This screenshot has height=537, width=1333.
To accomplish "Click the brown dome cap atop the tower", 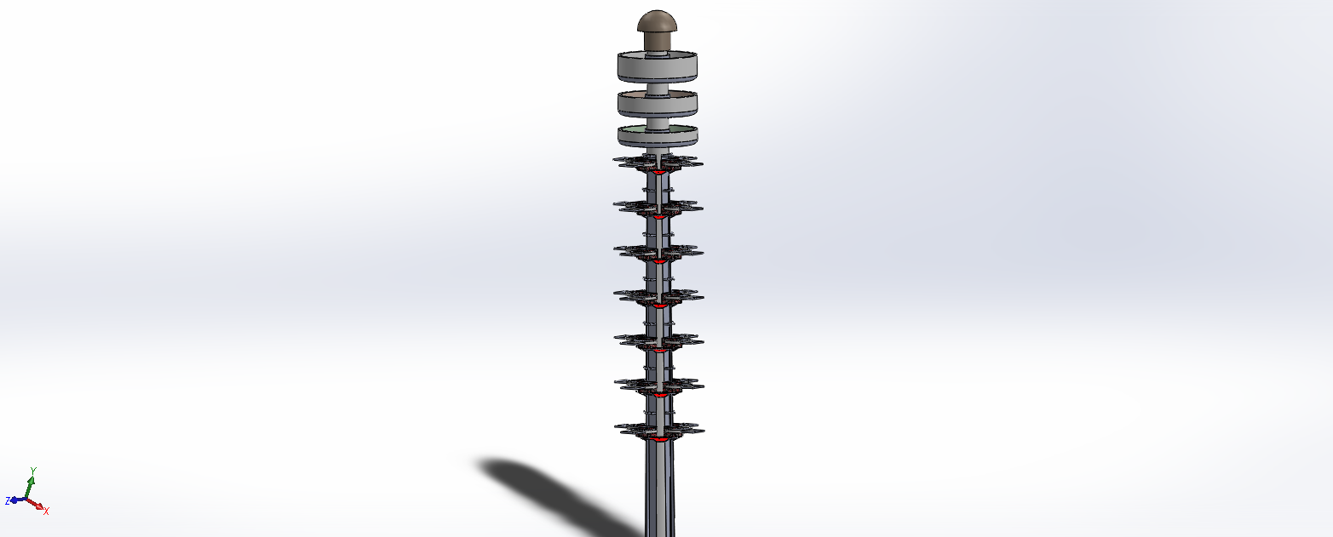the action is coord(657,30).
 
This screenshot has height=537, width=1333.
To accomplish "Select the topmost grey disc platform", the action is coord(657,66).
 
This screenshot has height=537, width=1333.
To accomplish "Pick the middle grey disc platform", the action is coord(657,104).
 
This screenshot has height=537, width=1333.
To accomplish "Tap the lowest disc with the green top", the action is coord(657,136).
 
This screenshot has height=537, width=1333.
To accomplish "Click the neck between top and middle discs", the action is coord(658,88).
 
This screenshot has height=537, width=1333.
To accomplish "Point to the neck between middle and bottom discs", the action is coord(658,123).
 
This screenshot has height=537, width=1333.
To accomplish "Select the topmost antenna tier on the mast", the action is coord(658,163).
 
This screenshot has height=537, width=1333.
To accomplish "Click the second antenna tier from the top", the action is coord(658,207).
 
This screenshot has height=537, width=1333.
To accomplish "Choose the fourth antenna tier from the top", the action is coord(658,296).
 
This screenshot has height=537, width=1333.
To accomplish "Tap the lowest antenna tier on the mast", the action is coord(659,430).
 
